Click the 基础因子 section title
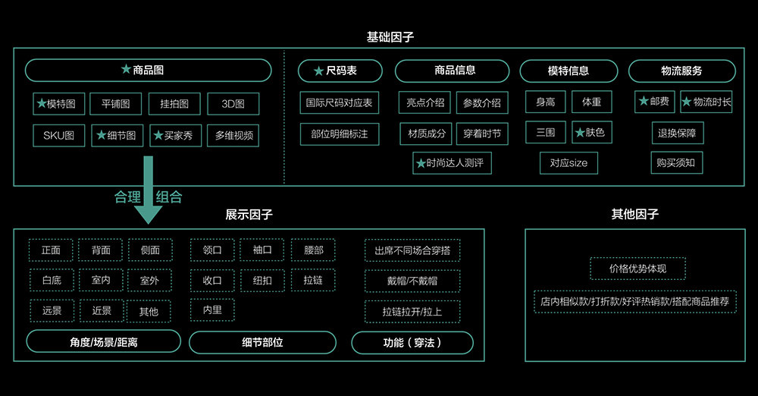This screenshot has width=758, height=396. (x=390, y=36)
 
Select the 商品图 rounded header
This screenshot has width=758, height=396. (x=148, y=71)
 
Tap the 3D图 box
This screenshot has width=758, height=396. (x=233, y=103)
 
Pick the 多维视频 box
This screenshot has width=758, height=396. (x=233, y=136)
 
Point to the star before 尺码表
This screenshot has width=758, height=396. (x=319, y=71)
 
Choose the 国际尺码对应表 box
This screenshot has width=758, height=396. (x=339, y=103)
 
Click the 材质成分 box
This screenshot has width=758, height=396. (x=425, y=134)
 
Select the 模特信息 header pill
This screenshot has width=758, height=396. (x=568, y=71)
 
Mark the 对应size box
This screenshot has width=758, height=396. (x=568, y=162)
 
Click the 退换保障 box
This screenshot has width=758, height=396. (x=677, y=134)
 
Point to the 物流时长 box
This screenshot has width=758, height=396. (x=706, y=102)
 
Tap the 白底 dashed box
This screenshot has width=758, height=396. (x=52, y=280)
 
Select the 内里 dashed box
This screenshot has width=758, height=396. (x=212, y=310)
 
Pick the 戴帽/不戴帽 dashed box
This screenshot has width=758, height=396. (x=412, y=280)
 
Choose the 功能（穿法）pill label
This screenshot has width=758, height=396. (x=412, y=342)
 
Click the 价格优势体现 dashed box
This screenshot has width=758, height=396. (x=637, y=268)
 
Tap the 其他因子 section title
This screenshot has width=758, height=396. (x=635, y=214)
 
